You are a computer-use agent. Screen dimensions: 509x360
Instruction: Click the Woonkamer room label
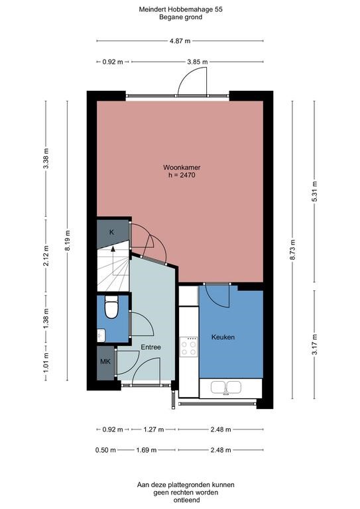[x=180, y=167]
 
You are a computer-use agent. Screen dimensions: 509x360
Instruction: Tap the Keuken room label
[x=223, y=337]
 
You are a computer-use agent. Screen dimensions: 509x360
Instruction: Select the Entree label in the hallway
[x=150, y=347]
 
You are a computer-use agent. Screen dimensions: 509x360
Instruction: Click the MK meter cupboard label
[x=105, y=362]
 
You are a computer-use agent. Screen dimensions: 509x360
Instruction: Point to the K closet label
[x=111, y=232]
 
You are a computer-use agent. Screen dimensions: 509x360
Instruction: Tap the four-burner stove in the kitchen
[x=189, y=345]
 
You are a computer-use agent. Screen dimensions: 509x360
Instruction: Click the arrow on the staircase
[x=113, y=251]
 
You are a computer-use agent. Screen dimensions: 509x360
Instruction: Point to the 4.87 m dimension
[x=180, y=40]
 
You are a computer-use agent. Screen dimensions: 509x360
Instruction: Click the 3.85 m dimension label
[x=197, y=62]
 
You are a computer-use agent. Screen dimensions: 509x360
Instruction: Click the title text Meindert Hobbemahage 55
[x=180, y=10]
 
